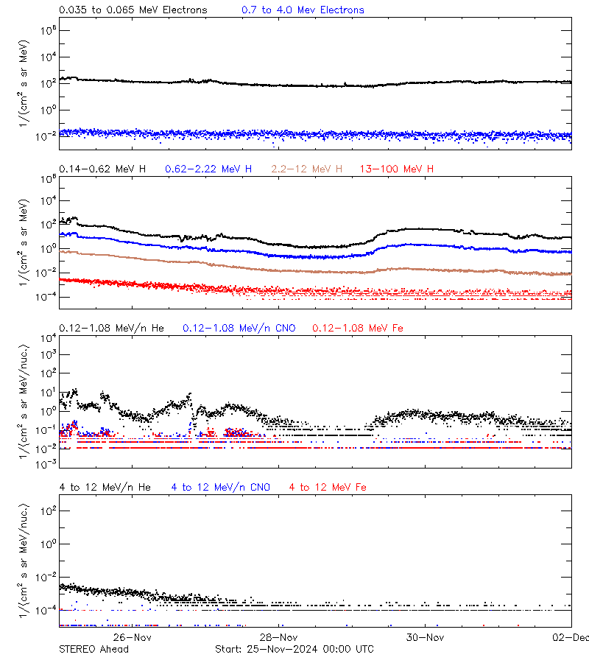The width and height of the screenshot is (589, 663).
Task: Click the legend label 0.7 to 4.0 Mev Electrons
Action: (x=303, y=10)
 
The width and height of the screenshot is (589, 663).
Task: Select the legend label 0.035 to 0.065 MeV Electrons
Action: (x=133, y=10)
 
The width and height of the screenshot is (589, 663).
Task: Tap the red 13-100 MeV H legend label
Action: (x=397, y=169)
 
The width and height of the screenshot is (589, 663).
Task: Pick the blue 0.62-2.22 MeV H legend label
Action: (x=208, y=169)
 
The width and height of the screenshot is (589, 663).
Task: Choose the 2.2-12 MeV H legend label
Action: (x=307, y=169)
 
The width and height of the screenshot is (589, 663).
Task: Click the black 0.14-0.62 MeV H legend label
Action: (x=102, y=169)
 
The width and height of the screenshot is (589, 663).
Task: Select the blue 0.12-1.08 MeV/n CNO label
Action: (x=239, y=328)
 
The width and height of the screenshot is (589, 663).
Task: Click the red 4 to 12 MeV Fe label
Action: (x=328, y=488)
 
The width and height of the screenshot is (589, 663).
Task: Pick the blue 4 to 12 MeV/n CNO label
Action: (x=221, y=488)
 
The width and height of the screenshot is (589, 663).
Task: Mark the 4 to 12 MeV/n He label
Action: (x=105, y=488)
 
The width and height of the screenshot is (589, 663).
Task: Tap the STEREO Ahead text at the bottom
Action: (x=94, y=649)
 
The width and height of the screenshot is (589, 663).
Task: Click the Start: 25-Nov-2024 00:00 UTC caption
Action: (x=294, y=649)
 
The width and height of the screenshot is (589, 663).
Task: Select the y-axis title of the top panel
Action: (x=24, y=83)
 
